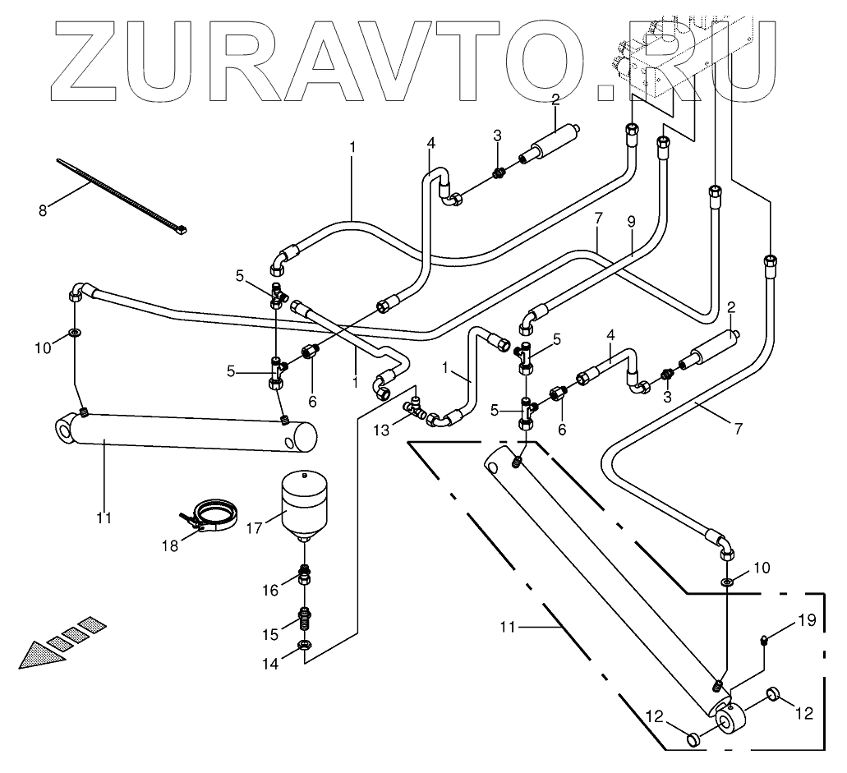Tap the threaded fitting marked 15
pos(305,614)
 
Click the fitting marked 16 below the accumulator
pos(305,575)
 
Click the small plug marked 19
pos(763,639)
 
